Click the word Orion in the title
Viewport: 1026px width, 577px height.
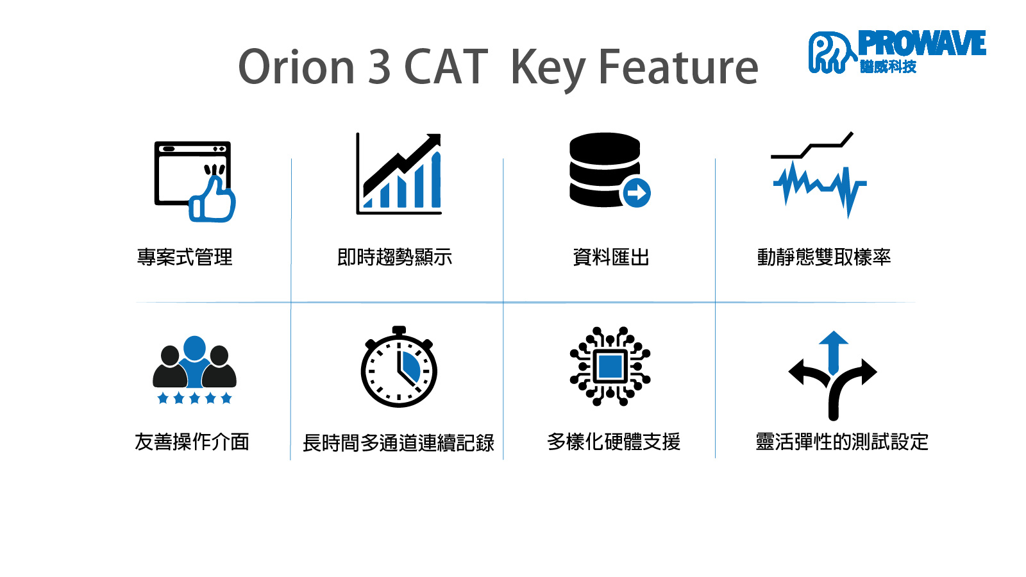pos(296,67)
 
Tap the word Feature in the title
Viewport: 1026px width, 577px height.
pos(678,67)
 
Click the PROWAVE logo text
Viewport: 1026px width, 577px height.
pos(921,43)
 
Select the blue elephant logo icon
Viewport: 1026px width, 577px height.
pos(831,52)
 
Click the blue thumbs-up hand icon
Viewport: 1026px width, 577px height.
pos(212,200)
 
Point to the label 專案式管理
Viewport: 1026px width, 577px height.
pos(185,257)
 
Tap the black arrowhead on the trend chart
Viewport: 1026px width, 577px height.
pos(433,140)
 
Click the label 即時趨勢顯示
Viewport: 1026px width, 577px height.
pos(395,257)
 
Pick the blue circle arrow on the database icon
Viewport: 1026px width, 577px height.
pos(635,193)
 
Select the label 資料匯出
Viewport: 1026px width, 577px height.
pos(611,257)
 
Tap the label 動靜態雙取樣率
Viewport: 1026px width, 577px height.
pos(824,257)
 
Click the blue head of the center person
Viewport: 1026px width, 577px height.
pos(195,348)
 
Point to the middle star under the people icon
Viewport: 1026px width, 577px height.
pos(195,398)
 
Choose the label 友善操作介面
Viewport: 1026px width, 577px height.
pos(192,442)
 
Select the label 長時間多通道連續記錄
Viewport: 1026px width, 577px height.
pos(398,443)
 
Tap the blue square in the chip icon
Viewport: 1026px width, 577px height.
pos(610,366)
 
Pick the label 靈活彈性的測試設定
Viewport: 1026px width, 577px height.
pos(842,442)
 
